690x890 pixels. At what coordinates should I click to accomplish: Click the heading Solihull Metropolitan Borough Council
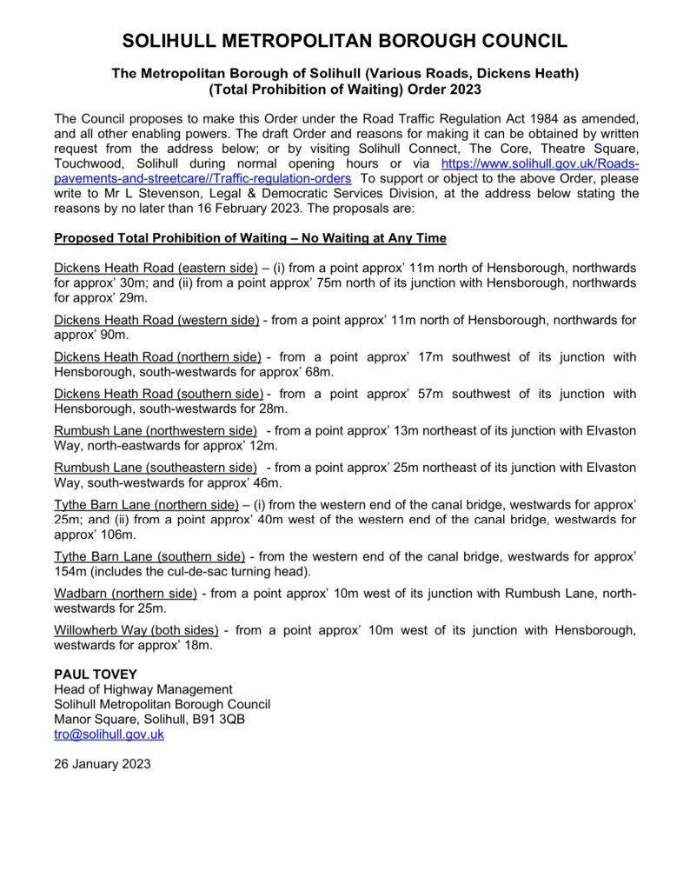coord(345,41)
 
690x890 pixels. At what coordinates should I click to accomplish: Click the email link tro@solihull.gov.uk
coord(109,734)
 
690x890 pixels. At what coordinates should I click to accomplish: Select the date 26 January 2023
coord(102,765)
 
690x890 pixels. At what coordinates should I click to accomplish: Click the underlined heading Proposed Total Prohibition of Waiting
coord(250,237)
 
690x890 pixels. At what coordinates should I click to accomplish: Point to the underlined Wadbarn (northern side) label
coord(125,594)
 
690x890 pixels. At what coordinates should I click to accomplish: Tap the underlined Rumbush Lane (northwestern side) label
coord(156,431)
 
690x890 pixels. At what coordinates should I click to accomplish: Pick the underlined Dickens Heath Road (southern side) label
coord(158,394)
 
